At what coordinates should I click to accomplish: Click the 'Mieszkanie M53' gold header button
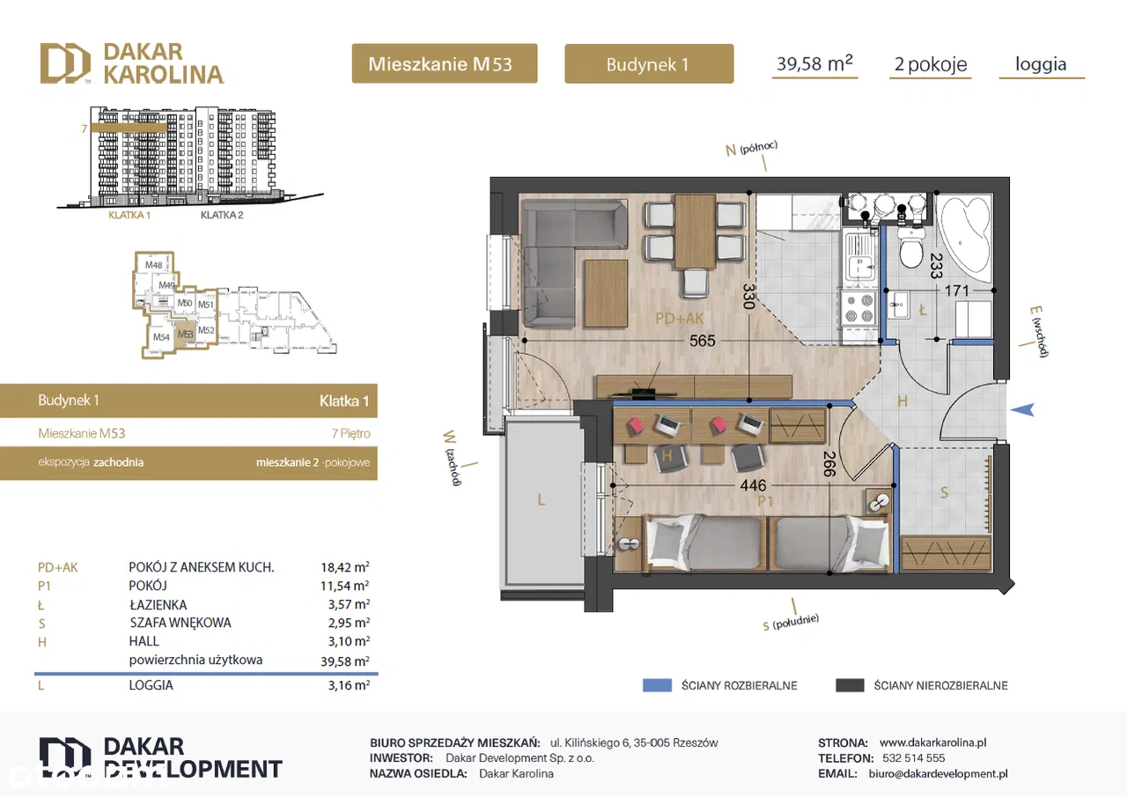[x=445, y=63]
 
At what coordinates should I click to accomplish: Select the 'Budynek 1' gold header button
[x=649, y=63]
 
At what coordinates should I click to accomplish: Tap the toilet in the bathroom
[x=910, y=247]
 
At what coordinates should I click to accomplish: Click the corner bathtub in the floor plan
[x=965, y=240]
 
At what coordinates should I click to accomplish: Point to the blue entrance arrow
[x=1022, y=410]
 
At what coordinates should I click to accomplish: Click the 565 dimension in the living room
[x=702, y=341]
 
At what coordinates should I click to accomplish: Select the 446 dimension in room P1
[x=753, y=485]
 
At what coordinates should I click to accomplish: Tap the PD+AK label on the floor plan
[x=679, y=318]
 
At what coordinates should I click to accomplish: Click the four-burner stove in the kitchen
[x=858, y=308]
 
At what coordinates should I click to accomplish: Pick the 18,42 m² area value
[x=345, y=567]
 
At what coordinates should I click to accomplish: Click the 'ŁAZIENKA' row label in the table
[x=158, y=604]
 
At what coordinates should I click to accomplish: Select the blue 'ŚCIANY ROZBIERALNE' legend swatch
[x=657, y=685]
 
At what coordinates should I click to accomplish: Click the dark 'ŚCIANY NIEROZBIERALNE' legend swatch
[x=850, y=685]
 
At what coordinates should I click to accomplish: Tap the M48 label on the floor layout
[x=154, y=265]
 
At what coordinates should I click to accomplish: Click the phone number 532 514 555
[x=914, y=757]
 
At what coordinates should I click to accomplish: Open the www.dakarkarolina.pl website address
[x=932, y=742]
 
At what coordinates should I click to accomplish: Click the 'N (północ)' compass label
[x=751, y=149]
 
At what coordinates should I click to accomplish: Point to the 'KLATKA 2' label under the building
[x=222, y=215]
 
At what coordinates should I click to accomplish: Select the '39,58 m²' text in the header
[x=814, y=63]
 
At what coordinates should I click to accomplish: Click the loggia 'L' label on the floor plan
[x=541, y=499]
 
